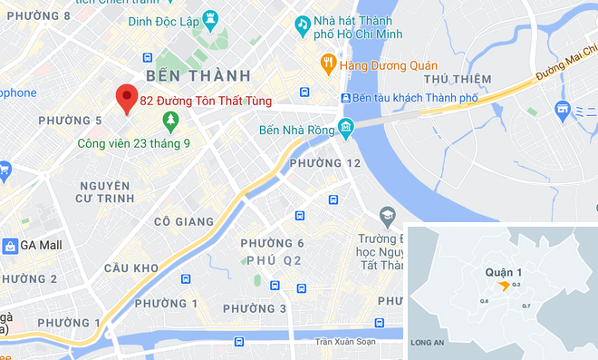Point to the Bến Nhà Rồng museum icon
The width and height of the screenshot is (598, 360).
pos(345,127)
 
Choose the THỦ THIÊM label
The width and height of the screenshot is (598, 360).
pos(462,79)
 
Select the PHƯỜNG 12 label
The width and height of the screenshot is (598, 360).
pos(324,163)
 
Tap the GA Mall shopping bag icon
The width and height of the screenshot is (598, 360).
pos(10,246)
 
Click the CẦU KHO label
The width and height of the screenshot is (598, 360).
pos(131,268)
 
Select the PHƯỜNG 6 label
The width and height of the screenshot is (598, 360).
pos(271,243)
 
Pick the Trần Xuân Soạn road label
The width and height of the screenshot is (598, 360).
pos(344,342)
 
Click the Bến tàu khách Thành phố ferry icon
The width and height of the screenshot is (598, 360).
pos(345,98)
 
